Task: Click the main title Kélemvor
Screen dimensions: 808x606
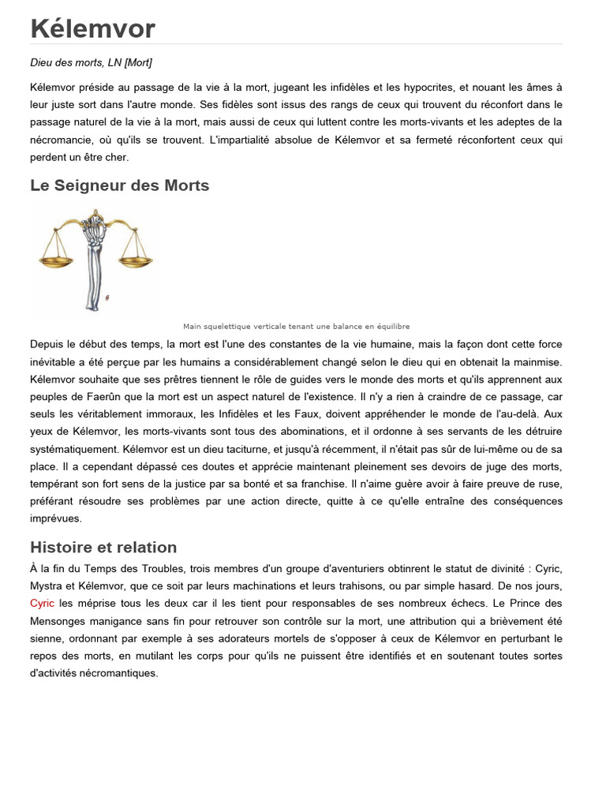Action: (92, 28)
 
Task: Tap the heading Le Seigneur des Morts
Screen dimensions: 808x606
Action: (119, 185)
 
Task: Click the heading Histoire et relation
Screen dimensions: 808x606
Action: (103, 547)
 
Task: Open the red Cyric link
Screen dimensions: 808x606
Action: (42, 603)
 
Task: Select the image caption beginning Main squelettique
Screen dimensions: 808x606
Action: (296, 327)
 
